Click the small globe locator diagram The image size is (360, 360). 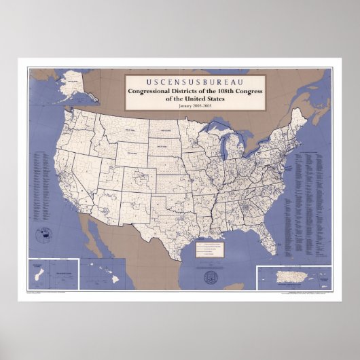click(42, 236)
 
